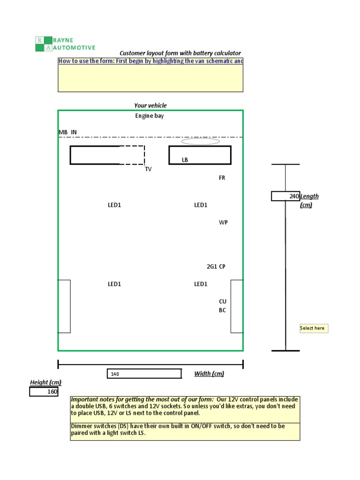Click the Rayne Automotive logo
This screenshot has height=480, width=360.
(65, 44)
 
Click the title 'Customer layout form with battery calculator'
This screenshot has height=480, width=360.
(180, 53)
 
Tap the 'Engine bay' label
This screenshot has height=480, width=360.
(150, 116)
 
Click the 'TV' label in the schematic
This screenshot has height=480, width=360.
(148, 169)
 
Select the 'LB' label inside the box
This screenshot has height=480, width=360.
(185, 160)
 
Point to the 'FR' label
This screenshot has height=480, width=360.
(222, 178)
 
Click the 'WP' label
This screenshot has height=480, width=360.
(223, 222)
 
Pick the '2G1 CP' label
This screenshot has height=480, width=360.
(216, 267)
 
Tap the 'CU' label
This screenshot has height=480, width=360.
(223, 301)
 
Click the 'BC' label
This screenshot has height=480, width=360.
(223, 310)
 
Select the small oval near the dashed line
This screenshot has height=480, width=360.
(201, 142)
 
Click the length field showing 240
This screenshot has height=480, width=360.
(285, 196)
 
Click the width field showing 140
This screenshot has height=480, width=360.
(144, 374)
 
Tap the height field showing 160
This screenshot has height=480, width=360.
(44, 392)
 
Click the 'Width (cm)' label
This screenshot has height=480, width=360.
(209, 374)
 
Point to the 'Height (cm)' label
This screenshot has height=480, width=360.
(45, 382)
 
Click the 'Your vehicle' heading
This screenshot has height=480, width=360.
(150, 105)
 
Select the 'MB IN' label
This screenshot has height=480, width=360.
(67, 132)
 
